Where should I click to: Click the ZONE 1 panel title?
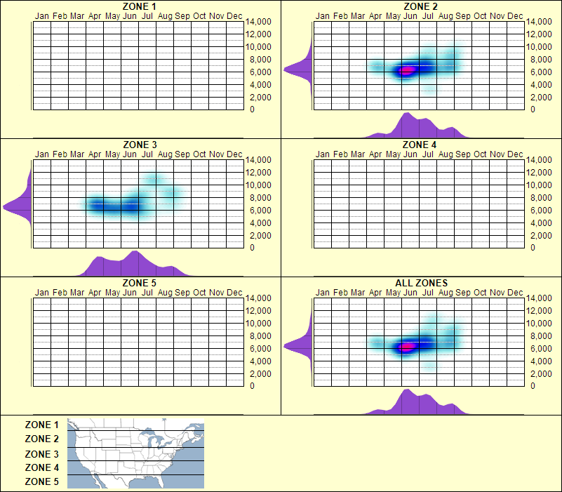click(139, 6)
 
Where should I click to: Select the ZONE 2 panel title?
click(420, 6)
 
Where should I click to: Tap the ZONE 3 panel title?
click(139, 145)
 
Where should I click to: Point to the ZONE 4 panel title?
click(420, 145)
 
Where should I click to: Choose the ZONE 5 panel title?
click(139, 284)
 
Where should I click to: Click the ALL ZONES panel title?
click(421, 284)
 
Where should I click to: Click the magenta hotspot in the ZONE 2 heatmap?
click(406, 69)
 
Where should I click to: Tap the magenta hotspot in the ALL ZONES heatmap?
click(406, 347)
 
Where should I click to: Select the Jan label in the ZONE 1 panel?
click(42, 15)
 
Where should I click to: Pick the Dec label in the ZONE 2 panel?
click(515, 15)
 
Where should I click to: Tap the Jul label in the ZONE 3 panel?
click(147, 154)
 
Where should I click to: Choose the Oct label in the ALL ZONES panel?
click(480, 292)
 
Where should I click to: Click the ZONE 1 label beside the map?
click(41, 425)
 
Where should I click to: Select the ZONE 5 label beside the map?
click(41, 482)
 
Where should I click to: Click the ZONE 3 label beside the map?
click(41, 454)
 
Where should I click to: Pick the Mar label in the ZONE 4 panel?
click(358, 154)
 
